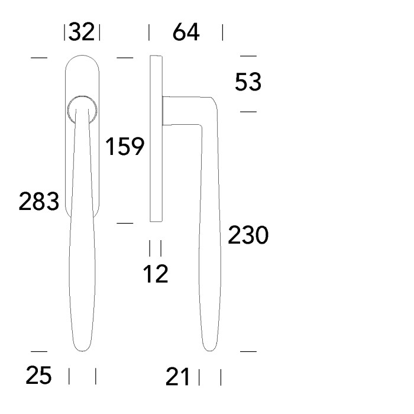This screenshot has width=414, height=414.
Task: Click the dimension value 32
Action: pyautogui.click(x=82, y=32)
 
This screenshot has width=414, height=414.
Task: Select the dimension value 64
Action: pyautogui.click(x=186, y=32)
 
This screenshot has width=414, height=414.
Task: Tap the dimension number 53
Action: pyautogui.click(x=248, y=82)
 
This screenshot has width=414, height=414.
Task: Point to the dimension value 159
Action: pyautogui.click(x=125, y=146)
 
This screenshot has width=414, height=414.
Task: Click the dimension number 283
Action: pyautogui.click(x=39, y=201)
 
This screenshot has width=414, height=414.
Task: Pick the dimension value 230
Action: pyautogui.click(x=248, y=235)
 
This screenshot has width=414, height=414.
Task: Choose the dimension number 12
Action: pyautogui.click(x=156, y=274)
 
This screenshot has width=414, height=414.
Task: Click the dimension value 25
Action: pyautogui.click(x=38, y=375)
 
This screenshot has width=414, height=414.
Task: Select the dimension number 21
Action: pyautogui.click(x=177, y=377)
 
